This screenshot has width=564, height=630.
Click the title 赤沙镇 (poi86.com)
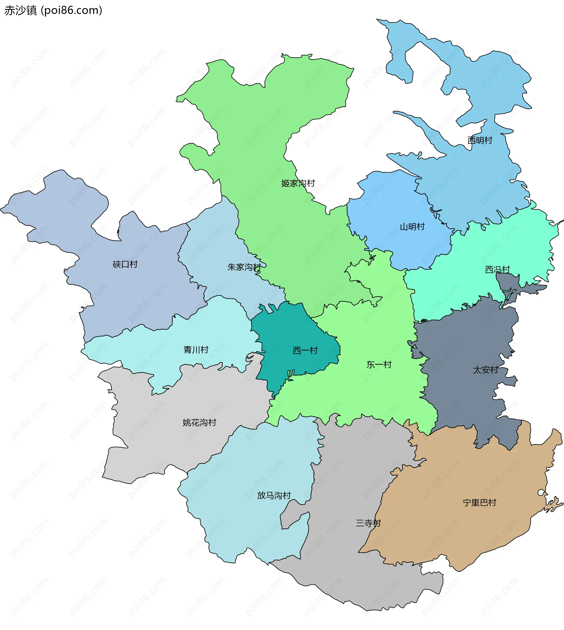(53, 11)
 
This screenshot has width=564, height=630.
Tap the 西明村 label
(480, 141)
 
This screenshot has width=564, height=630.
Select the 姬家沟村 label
(298, 183)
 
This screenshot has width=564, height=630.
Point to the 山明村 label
(412, 227)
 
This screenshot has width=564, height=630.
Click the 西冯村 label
(497, 270)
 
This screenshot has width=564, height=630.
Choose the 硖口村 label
(125, 264)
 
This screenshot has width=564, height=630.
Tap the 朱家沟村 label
(244, 267)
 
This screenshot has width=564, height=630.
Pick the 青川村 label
(196, 350)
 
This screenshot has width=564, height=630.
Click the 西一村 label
(305, 350)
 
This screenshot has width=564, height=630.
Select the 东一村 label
(379, 365)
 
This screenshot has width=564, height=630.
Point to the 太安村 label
(485, 370)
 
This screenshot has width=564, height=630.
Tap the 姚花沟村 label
(199, 422)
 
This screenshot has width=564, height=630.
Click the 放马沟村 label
(274, 495)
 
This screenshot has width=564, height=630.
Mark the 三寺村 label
(368, 523)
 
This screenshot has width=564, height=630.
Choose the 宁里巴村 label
(479, 502)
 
